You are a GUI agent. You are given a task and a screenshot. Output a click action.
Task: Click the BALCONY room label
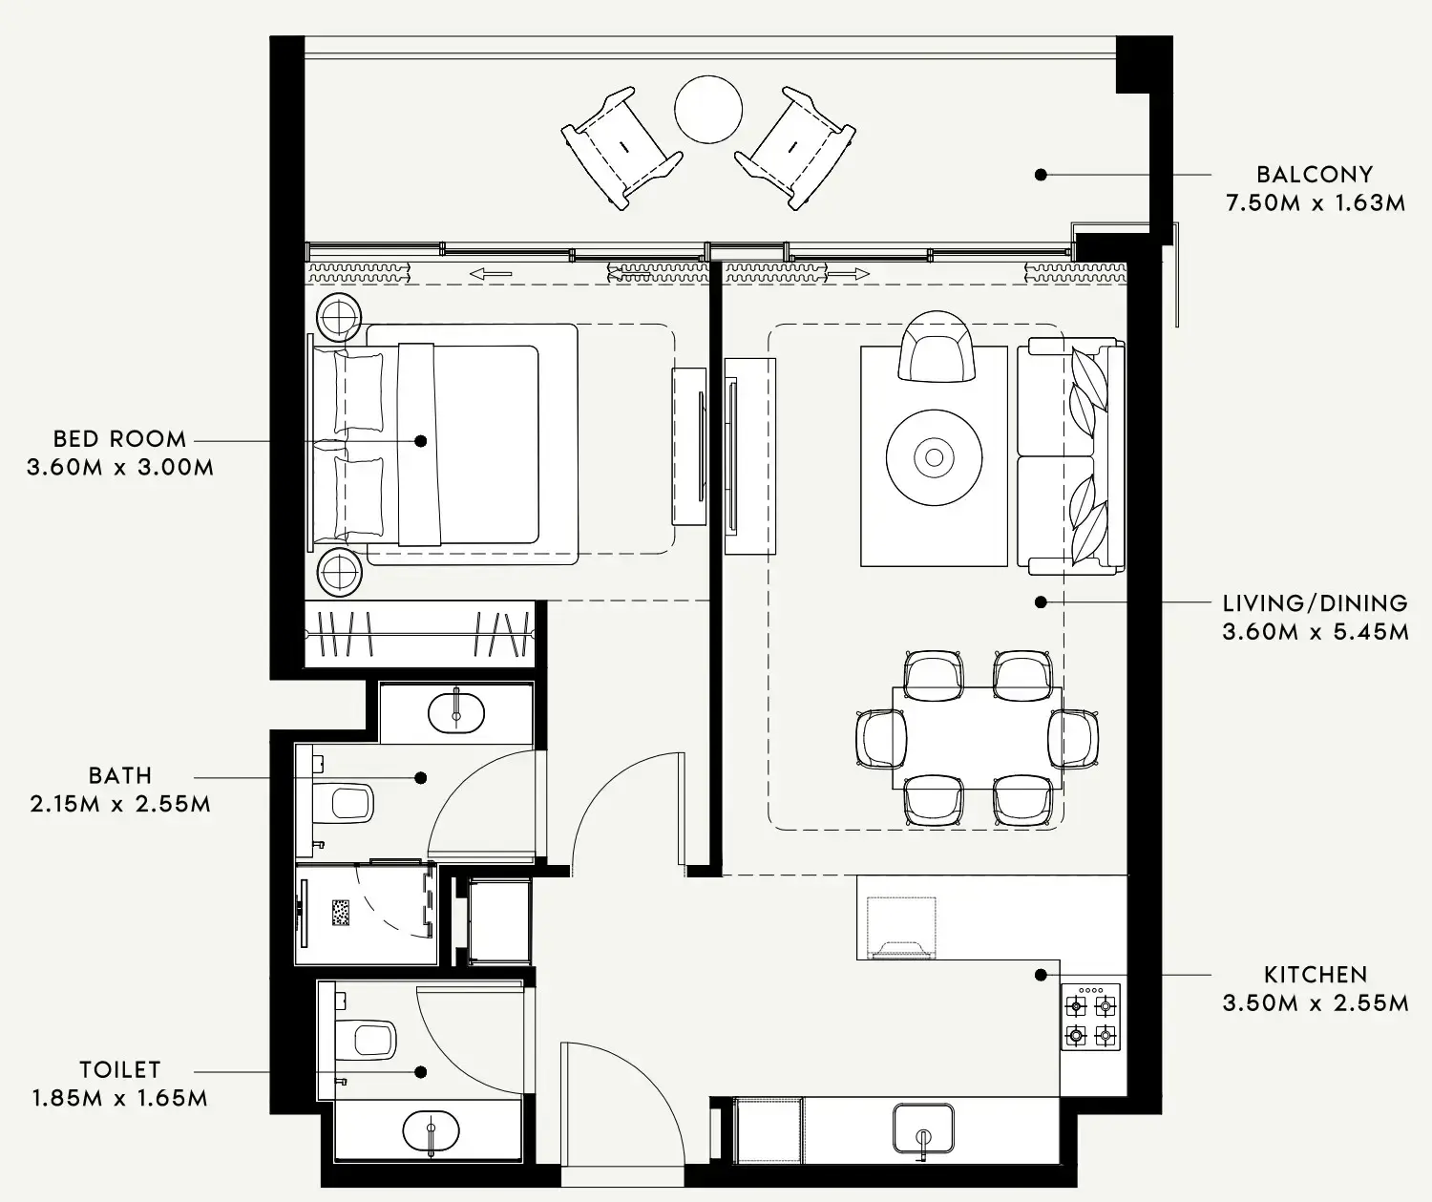coord(1315,175)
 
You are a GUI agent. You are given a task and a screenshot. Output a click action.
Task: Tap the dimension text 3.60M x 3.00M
coord(120,468)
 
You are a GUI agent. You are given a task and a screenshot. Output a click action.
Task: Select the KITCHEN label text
coord(1315,975)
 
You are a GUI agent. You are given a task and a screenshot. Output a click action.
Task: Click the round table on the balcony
coord(708,110)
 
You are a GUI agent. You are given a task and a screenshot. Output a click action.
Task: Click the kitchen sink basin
coord(923,1128)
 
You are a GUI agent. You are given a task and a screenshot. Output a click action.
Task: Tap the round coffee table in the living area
coord(934,457)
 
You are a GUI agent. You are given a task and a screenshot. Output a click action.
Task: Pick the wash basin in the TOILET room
coord(431,1131)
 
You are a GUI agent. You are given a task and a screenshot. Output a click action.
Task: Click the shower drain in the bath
coord(341,912)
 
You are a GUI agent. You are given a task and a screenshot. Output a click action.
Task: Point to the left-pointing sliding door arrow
coord(491,274)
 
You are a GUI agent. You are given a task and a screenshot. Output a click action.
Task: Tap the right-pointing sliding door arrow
coord(848,274)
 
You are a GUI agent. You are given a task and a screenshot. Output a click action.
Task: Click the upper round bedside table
coord(338,318)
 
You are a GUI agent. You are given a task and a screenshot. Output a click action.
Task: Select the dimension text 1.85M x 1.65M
coord(119,1098)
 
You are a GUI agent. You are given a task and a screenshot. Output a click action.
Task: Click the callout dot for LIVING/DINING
coord(1041,602)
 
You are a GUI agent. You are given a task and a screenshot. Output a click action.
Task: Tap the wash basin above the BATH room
coord(455,712)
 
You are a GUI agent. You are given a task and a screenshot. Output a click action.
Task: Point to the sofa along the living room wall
coord(1071,456)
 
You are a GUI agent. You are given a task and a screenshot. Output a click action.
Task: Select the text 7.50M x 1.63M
coord(1315,203)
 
